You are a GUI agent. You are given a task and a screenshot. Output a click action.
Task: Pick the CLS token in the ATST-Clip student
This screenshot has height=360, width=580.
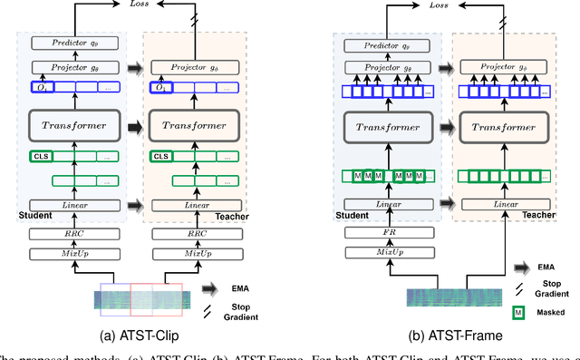[x=41, y=156]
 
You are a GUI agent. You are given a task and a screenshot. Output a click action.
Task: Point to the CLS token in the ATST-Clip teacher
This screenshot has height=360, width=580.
[x=161, y=156]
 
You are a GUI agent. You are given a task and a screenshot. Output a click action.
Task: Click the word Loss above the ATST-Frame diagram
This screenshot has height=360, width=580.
[x=439, y=5]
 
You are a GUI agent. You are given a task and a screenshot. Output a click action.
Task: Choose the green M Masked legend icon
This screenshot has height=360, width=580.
[x=519, y=314]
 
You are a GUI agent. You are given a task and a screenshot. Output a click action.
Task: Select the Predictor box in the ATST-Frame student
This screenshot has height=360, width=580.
[x=382, y=43]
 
